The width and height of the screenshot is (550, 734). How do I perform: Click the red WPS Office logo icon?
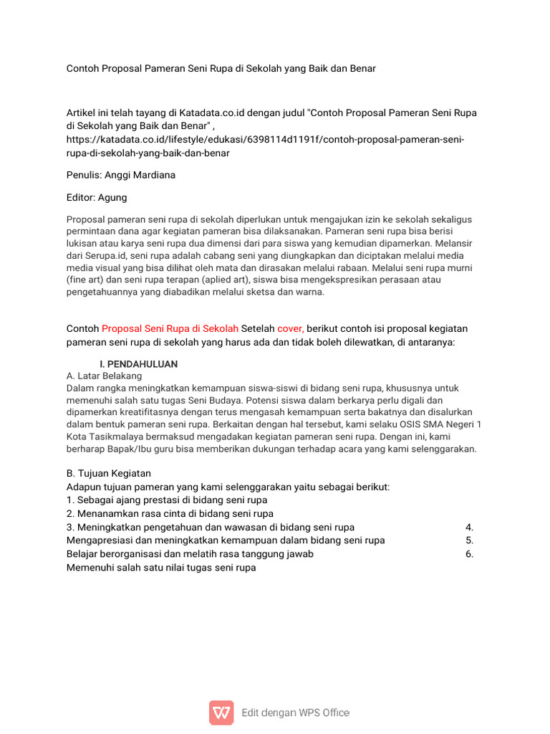coord(221,712)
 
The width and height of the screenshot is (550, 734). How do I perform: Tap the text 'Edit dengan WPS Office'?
coord(295,712)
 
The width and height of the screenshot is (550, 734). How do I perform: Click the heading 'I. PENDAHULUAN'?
coord(138,364)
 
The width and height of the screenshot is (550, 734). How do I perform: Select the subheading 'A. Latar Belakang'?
coord(104,376)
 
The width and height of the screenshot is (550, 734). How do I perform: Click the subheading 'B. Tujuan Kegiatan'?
coord(108,473)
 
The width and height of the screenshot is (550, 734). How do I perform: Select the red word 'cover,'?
coord(290,328)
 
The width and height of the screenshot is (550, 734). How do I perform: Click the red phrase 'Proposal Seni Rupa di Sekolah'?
coord(170,328)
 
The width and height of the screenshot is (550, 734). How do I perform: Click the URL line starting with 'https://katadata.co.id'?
coord(265,139)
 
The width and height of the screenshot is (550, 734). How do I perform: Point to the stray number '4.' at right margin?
coord(469,527)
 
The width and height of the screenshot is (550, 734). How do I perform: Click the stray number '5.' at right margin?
coord(469,540)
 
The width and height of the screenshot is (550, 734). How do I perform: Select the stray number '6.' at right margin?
coord(469,554)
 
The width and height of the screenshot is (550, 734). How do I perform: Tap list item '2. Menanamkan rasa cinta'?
coord(170,513)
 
